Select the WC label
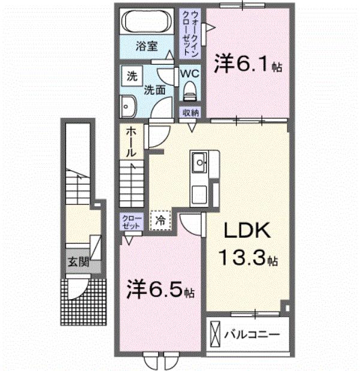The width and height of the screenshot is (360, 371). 190,73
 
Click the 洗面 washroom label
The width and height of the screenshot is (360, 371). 155,91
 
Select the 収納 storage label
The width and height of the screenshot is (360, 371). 190,111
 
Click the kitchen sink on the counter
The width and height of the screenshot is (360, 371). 200,161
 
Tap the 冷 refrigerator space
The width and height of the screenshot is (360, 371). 161,220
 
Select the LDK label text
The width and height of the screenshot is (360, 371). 248,232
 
